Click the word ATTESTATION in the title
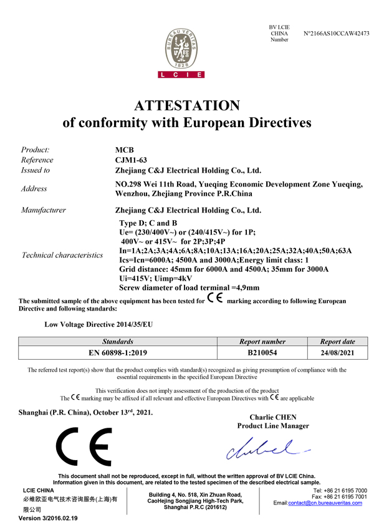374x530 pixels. [187, 105]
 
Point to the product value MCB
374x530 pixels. [125, 150]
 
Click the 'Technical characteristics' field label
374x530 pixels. [62, 255]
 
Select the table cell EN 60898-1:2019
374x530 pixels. [118, 352]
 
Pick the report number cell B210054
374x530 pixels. [262, 352]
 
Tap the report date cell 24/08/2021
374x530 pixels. [337, 352]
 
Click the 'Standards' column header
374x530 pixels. [118, 342]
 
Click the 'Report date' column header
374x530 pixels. [337, 342]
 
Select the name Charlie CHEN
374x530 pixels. [273, 417]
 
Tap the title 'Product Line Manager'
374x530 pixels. [273, 426]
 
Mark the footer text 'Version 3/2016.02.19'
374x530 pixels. [47, 519]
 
